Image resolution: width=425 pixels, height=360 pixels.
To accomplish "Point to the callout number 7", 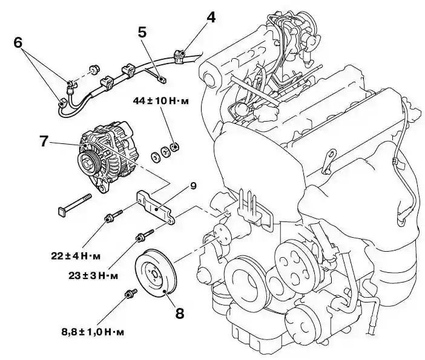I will click(x=44, y=140).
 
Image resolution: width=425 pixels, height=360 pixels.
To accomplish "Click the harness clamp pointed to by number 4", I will click(x=179, y=56).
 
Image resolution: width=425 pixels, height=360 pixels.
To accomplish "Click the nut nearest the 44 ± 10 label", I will click(x=175, y=147).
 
